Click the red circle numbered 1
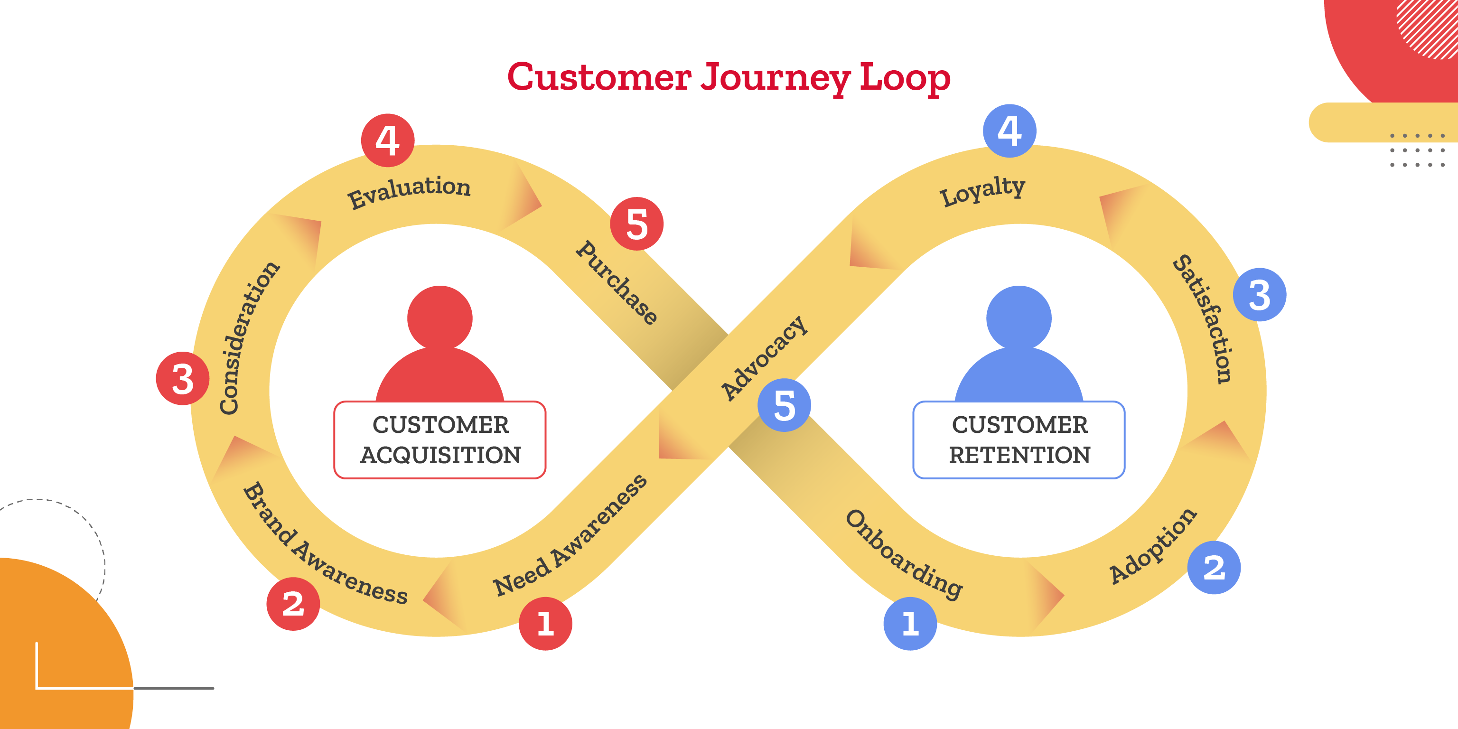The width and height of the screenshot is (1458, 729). click(x=545, y=623)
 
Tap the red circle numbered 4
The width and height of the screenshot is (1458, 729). click(x=388, y=140)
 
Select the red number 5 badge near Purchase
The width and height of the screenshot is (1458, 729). click(x=637, y=224)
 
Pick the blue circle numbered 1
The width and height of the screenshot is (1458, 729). click(x=910, y=623)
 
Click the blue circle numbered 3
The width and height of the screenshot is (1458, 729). click(x=1259, y=294)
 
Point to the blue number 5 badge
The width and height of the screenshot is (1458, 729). click(x=784, y=405)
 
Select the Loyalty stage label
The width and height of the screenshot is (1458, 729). click(x=982, y=190)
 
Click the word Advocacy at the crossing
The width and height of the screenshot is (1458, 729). click(x=764, y=358)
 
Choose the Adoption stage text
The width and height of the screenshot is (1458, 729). click(x=1152, y=546)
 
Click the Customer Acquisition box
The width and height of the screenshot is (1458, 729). click(x=440, y=440)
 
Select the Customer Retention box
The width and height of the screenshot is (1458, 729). click(x=1019, y=440)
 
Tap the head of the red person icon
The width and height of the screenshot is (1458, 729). click(x=440, y=318)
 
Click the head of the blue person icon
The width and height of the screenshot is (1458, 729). click(x=1019, y=318)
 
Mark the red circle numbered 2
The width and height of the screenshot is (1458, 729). click(x=293, y=603)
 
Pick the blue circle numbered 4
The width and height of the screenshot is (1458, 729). click(x=1010, y=131)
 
